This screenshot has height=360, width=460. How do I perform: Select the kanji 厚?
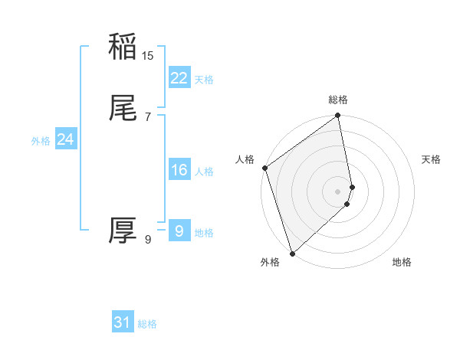[123, 231]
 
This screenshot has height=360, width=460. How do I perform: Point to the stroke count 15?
[148, 55]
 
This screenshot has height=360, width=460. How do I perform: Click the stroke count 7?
[148, 116]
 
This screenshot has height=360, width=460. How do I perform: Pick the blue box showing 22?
[179, 78]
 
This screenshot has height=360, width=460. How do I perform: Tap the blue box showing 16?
[179, 170]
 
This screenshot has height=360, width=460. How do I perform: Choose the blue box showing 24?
[65, 139]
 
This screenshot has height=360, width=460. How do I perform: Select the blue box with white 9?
[179, 231]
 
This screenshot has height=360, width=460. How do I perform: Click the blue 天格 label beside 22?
[204, 80]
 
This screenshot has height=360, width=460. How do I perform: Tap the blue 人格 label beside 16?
[204, 172]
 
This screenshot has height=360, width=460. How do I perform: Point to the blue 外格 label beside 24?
[41, 141]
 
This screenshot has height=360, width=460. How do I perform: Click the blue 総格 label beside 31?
[147, 324]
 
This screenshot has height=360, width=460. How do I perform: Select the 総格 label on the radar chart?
[338, 100]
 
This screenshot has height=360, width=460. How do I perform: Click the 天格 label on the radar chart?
[431, 159]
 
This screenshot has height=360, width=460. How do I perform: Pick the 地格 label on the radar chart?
[402, 263]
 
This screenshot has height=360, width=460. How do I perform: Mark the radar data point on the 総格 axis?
[338, 116]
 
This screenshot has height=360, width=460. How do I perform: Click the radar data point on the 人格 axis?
[264, 168]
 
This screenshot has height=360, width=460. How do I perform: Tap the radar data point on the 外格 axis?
[291, 253]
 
